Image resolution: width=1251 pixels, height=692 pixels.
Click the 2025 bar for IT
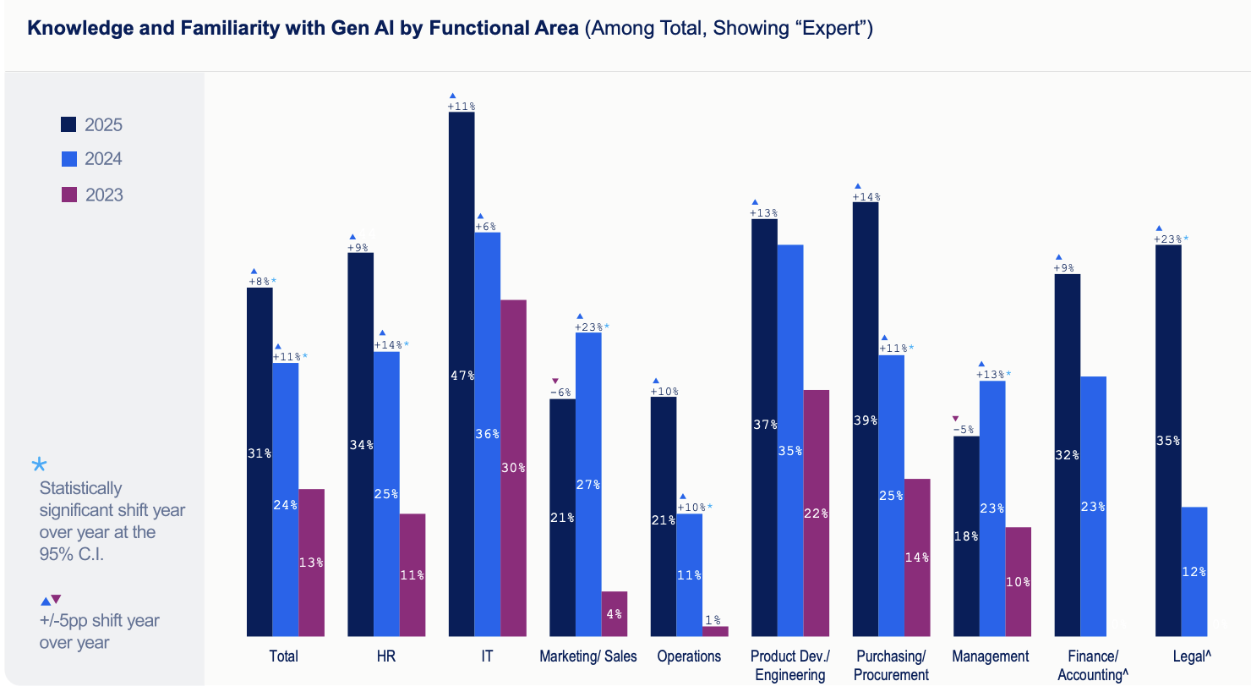tap(462, 372)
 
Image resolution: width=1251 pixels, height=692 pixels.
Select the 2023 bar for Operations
tap(715, 631)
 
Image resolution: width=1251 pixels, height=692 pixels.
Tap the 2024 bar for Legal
tap(1194, 571)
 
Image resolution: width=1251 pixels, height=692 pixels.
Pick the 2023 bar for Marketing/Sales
tap(615, 613)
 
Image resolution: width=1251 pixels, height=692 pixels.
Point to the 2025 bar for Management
tap(966, 535)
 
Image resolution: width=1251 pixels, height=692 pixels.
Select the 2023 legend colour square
tap(69, 195)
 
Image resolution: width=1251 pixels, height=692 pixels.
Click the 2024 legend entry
tap(92, 159)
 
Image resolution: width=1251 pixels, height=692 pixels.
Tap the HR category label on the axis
tap(386, 656)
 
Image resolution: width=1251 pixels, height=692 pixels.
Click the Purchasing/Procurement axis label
tap(891, 666)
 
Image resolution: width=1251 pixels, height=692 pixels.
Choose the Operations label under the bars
tap(689, 656)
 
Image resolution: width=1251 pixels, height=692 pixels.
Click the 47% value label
tap(462, 376)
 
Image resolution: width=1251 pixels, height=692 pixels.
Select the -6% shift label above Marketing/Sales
tap(560, 393)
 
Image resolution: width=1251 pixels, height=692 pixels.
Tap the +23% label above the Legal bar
tap(1168, 239)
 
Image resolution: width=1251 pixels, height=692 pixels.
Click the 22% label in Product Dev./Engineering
tap(816, 514)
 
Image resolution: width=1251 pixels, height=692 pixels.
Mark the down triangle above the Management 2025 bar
tap(956, 418)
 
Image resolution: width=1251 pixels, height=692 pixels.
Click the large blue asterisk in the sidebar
tap(39, 464)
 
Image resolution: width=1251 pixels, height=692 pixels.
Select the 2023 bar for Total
tap(311, 562)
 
